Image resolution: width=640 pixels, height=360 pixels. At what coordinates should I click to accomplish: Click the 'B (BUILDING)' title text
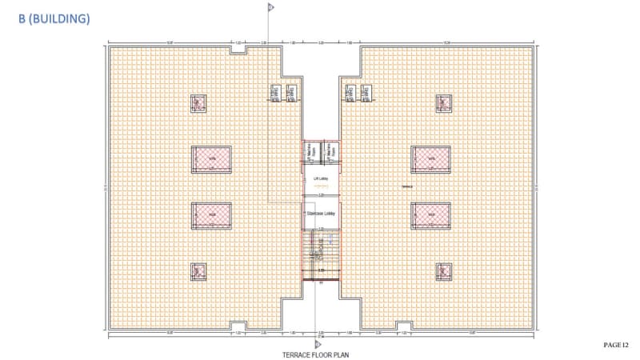[54, 18]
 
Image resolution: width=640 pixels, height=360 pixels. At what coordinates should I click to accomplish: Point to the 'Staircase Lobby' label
[320, 214]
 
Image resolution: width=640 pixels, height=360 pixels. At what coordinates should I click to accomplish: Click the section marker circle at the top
[270, 7]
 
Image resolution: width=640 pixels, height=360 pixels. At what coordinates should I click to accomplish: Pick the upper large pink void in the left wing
[211, 158]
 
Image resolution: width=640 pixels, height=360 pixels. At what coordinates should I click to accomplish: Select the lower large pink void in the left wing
[211, 214]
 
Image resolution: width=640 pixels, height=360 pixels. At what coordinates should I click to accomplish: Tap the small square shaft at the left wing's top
[198, 103]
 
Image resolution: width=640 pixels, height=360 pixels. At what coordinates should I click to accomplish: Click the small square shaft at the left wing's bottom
[198, 272]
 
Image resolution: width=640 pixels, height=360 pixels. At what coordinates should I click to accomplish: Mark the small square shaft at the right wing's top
[443, 103]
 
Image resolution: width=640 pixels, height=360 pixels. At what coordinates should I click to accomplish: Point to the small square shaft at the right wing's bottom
[443, 272]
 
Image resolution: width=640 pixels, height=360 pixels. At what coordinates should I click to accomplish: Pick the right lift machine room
[330, 149]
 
